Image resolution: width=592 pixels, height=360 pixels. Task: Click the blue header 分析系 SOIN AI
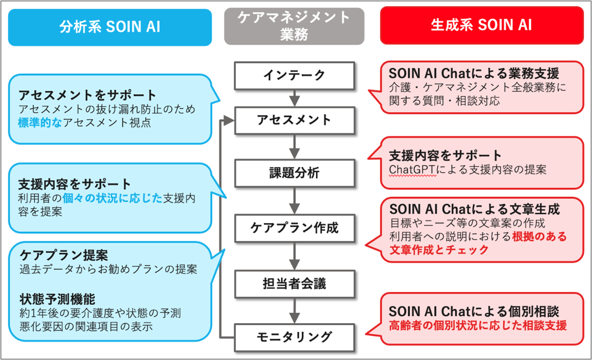point(110,26)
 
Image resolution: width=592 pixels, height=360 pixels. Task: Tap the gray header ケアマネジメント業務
point(294,26)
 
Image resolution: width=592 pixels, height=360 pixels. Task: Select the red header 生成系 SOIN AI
point(481,25)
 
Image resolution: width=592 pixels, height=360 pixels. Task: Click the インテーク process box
point(294,75)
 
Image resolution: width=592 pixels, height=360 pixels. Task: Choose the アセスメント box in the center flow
point(294,120)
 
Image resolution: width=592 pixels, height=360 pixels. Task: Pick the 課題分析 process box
point(294,173)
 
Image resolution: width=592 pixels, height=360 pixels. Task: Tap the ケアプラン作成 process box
point(294,228)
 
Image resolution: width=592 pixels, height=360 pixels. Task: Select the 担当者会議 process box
point(294,283)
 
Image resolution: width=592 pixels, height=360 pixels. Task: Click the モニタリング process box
point(294,337)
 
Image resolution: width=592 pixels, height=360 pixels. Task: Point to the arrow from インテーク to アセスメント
point(294,97)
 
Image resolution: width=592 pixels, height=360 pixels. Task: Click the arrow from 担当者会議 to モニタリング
point(294,310)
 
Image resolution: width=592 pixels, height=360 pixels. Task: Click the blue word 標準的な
point(40,123)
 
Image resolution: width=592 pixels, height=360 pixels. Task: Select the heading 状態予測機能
point(58,299)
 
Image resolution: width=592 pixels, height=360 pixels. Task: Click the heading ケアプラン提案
point(64,255)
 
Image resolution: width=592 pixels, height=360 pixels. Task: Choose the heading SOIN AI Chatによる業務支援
point(474,73)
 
